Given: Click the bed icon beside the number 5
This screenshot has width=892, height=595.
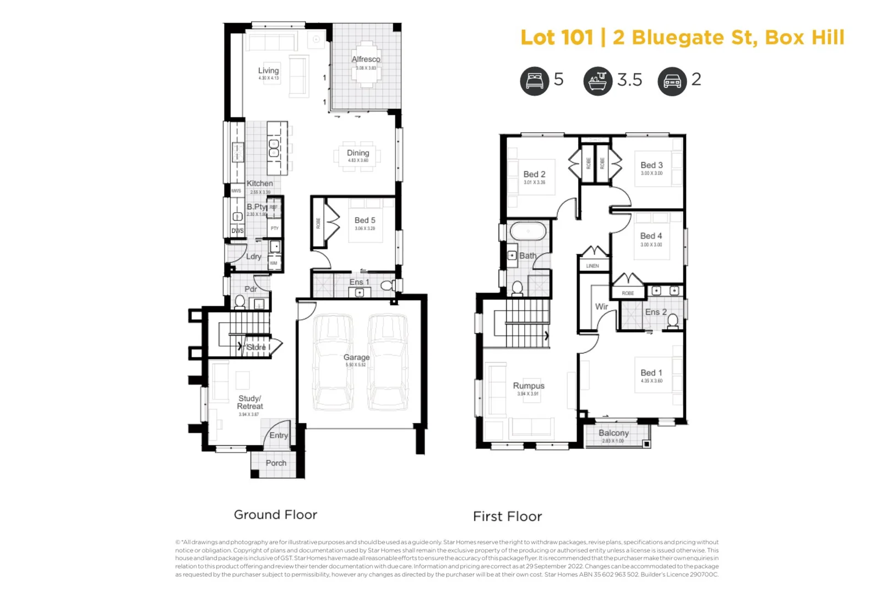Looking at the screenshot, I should (534, 81).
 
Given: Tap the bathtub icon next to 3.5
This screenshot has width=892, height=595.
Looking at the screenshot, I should (597, 81).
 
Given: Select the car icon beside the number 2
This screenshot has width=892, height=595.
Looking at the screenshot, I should (672, 82).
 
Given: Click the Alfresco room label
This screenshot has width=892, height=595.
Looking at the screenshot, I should (366, 59).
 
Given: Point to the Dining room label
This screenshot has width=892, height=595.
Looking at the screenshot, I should (358, 153).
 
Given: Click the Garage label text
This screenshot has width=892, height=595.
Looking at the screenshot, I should (356, 357).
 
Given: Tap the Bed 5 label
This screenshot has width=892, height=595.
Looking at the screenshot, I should (365, 220).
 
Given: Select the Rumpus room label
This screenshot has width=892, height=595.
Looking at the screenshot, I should (529, 386).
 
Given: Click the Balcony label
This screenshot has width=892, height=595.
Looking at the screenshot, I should (613, 433).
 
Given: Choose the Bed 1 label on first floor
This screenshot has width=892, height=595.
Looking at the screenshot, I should (651, 372).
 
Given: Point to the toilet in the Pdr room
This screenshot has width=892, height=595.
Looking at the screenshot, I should (240, 301).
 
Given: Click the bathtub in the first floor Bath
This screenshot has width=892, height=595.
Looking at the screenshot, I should (527, 231).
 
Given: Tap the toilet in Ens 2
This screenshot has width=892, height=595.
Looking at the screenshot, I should (672, 321).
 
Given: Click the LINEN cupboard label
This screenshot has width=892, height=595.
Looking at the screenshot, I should (592, 266).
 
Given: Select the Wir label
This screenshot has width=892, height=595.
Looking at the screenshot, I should (601, 306).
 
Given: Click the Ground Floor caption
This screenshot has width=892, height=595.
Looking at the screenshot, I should (275, 515).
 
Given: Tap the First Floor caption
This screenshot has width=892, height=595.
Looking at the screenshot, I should (507, 516).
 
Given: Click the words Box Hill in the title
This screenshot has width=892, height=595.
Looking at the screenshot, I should (804, 37).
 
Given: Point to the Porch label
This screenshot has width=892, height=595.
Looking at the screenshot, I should (276, 463).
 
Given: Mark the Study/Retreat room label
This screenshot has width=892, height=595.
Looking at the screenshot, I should (249, 402).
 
